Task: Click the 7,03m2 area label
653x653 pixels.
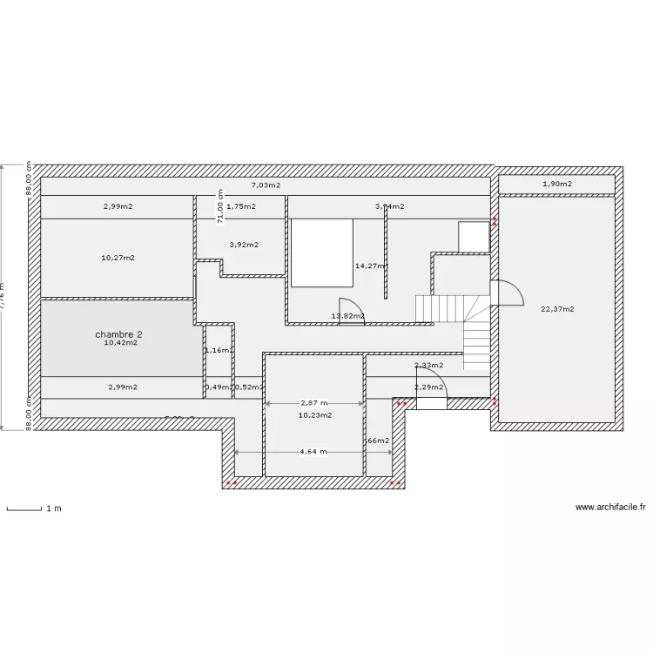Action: tap(266, 185)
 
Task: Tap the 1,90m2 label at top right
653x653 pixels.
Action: tap(557, 184)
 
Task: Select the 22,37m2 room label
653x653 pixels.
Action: tap(557, 308)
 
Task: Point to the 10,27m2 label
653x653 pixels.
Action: tap(118, 258)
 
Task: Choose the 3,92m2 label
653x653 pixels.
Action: tap(243, 245)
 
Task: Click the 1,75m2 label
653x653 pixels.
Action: tap(241, 206)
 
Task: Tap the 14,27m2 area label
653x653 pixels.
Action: tap(371, 266)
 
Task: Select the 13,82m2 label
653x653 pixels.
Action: tap(347, 316)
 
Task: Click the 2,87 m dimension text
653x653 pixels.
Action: tap(313, 403)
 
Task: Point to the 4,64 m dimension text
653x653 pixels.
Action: tap(313, 452)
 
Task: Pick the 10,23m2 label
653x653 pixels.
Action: tap(314, 415)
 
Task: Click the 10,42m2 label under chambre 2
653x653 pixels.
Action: tap(120, 343)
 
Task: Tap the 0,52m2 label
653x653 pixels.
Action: tap(249, 387)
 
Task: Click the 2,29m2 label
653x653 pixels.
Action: tap(428, 387)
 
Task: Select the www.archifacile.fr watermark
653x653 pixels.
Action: tap(610, 507)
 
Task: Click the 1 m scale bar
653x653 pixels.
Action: tap(24, 508)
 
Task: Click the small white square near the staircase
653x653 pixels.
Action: tap(474, 236)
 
